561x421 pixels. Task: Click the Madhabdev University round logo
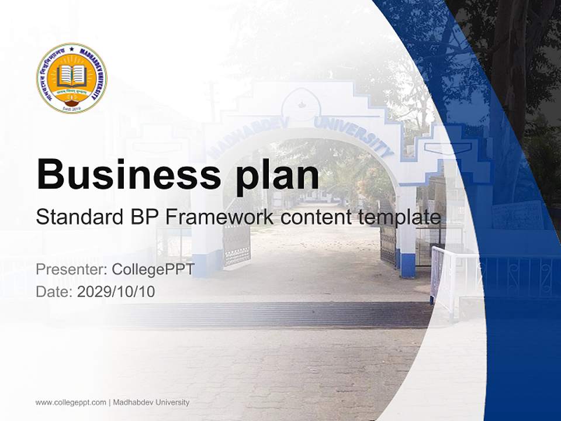coord(71,78)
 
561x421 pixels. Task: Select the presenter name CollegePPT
coord(153,270)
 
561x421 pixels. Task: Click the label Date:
coord(54,291)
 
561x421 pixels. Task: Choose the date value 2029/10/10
coord(116,291)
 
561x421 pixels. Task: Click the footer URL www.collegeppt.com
coord(71,402)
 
